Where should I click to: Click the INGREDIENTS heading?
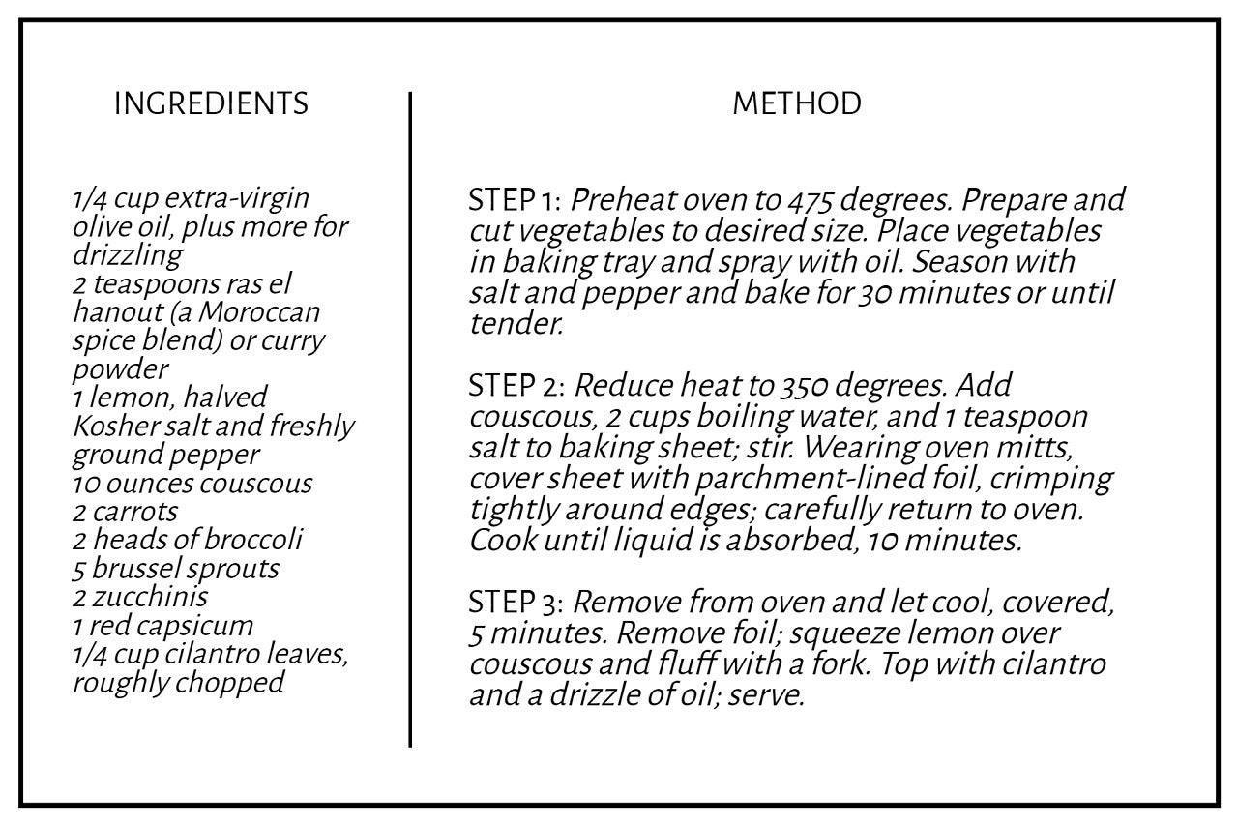point(211,103)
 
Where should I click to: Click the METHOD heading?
point(796,103)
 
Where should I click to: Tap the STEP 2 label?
point(515,386)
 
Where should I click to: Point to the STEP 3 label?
point(515,604)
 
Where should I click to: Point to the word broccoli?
point(255,540)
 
